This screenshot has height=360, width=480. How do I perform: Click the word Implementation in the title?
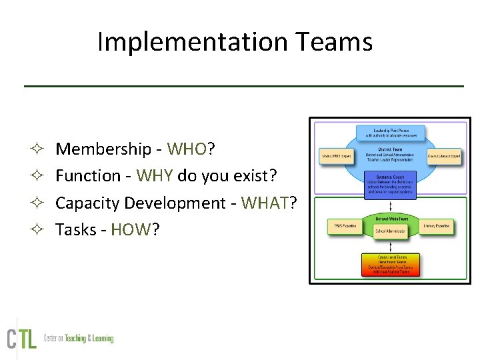pos(182,42)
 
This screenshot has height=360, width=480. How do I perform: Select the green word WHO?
pos(187,149)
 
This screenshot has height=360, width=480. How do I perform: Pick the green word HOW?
pos(131,230)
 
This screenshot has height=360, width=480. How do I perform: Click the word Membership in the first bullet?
pos(103,149)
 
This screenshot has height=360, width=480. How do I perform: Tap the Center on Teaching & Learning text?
pos(79,339)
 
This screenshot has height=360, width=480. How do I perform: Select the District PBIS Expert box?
pos(336,156)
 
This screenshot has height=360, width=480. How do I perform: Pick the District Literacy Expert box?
pos(443,156)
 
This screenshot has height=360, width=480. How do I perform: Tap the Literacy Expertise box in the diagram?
pos(437,227)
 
